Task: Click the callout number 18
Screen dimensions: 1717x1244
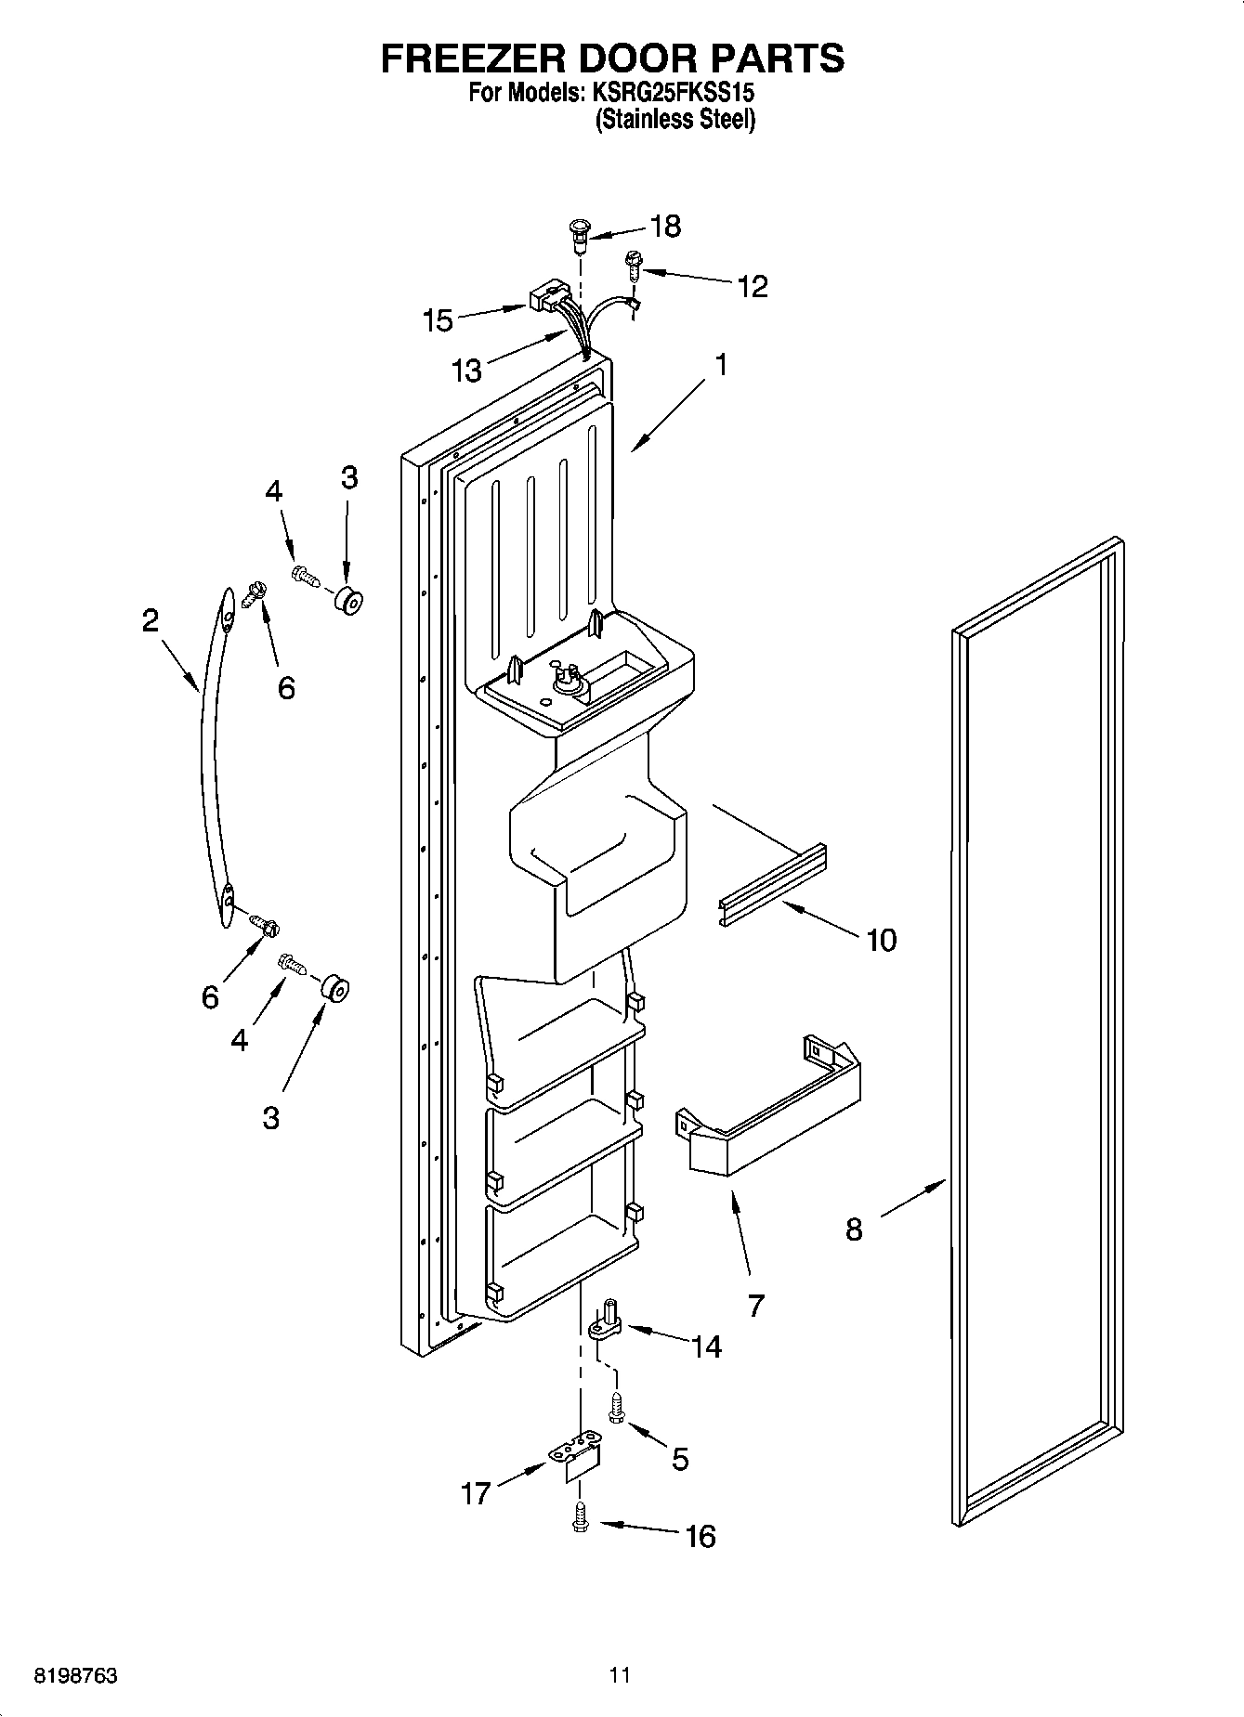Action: [x=666, y=226]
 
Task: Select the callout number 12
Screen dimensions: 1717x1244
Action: [x=752, y=286]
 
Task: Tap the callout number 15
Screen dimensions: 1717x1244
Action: [x=438, y=320]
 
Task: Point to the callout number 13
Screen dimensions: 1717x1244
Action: [x=467, y=371]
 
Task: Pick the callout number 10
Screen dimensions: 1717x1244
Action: [x=881, y=940]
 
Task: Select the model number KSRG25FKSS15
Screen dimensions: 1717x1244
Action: [x=668, y=93]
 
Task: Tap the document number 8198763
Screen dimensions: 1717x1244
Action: [x=75, y=1676]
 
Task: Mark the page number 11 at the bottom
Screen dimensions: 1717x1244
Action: [x=621, y=1675]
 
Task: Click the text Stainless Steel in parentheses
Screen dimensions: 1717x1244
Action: [x=674, y=119]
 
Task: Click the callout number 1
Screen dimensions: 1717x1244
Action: [x=720, y=365]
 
